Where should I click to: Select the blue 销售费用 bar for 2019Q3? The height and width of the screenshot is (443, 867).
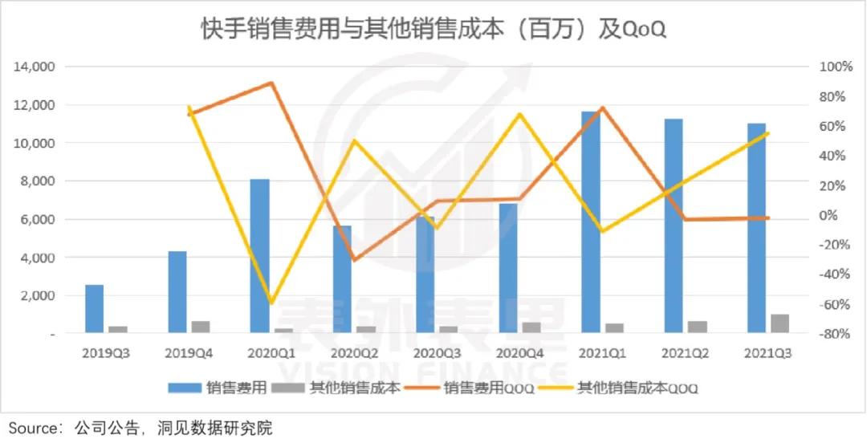pos(95,308)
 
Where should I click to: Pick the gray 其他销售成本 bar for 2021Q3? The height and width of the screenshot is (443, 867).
pos(779,323)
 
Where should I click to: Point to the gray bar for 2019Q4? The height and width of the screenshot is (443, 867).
pos(201,327)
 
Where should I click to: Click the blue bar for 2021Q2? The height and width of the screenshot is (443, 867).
pos(674,225)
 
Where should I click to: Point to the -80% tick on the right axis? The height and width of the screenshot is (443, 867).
pos(835,334)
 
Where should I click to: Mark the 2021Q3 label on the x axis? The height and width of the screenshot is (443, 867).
pos(768,353)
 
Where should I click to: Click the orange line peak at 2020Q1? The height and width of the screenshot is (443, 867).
pos(272,83)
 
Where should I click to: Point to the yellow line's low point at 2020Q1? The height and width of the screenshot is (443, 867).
pos(272,303)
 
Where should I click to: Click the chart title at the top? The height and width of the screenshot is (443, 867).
pos(433,30)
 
